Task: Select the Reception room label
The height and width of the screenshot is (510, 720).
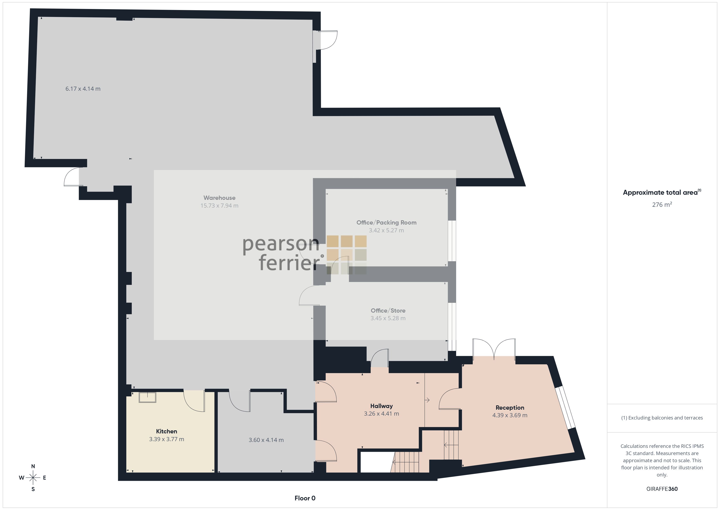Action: coord(510,408)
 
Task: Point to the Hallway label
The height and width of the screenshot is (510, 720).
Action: coord(381,406)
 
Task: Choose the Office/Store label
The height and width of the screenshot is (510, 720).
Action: coord(388,311)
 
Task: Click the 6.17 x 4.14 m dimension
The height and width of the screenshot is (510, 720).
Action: coord(83,89)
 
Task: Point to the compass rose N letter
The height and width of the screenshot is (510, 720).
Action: coord(33,466)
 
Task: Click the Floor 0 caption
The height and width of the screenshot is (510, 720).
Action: coord(305,498)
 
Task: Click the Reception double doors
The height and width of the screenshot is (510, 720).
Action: coord(494,349)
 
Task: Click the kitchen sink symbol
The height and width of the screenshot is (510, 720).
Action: coord(147,397)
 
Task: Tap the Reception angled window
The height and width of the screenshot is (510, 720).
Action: coord(565,407)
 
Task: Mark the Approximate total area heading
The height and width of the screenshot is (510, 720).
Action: coord(662,192)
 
